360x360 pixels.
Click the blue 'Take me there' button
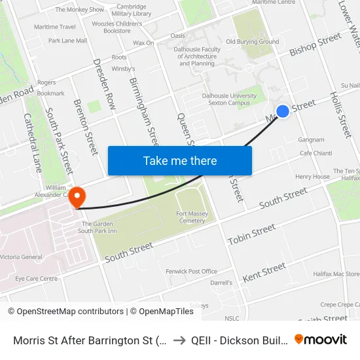click(180, 160)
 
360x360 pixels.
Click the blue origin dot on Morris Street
click(283, 111)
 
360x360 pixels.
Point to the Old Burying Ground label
click(252, 42)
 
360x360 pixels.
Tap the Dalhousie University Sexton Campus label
click(228, 99)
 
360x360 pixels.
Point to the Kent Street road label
click(264, 272)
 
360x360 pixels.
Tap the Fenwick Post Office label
click(191, 271)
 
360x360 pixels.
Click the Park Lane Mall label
click(67, 41)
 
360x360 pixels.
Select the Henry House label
click(312, 177)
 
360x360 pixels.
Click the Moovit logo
click(321, 339)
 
